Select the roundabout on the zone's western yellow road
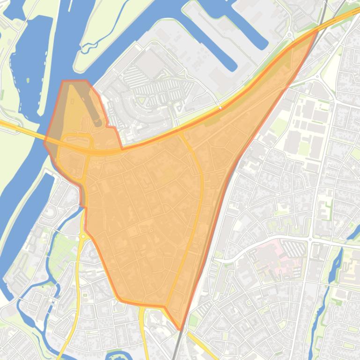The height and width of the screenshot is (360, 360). tap(83, 237)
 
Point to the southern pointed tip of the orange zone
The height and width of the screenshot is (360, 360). tap(180, 329)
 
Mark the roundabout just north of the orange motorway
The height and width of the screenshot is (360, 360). tap(289, 34)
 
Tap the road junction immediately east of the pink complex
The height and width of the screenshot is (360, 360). tap(310, 240)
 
